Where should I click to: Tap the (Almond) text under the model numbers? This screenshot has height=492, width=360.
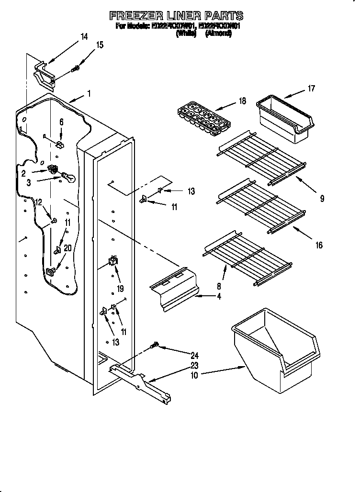218,34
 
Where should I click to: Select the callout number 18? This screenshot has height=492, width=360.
242,101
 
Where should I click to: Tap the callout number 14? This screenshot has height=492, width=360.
84,36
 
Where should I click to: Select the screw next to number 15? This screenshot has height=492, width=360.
75,69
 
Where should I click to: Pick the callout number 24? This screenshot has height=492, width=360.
194,355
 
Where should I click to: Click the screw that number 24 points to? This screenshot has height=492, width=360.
155,346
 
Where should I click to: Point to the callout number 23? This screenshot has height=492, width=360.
194,366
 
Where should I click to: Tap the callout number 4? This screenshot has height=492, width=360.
219,297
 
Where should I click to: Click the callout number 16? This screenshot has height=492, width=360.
319,246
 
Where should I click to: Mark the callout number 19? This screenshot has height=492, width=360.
120,289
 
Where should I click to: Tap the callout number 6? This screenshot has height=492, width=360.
61,123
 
